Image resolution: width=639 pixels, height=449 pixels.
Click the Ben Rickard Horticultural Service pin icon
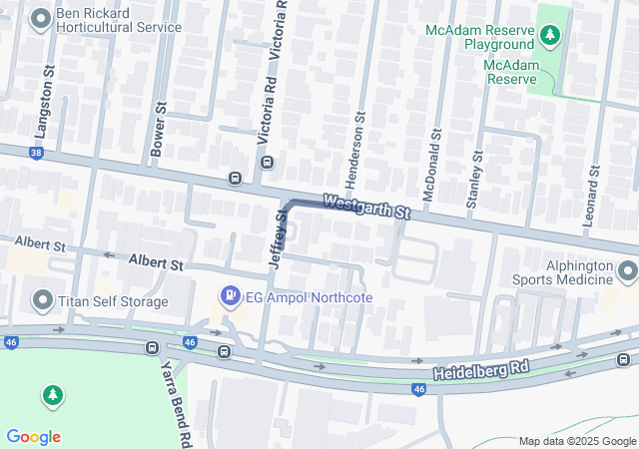pyautogui.click(x=42, y=18)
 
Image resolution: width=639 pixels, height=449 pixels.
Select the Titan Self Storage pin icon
pyautogui.click(x=42, y=299)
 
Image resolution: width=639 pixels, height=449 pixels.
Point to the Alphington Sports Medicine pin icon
pyautogui.click(x=627, y=270)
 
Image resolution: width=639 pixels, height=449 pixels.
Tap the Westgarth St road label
pyautogui.click(x=366, y=208)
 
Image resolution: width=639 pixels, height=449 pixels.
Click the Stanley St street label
pyautogui.click(x=474, y=181)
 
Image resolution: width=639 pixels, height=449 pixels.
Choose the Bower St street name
pyautogui.click(x=157, y=127)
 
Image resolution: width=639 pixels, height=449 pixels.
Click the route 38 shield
pyautogui.click(x=36, y=153)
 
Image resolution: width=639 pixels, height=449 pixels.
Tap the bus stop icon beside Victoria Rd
pyautogui.click(x=235, y=179)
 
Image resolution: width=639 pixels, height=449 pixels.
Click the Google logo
pyautogui.click(x=33, y=436)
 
